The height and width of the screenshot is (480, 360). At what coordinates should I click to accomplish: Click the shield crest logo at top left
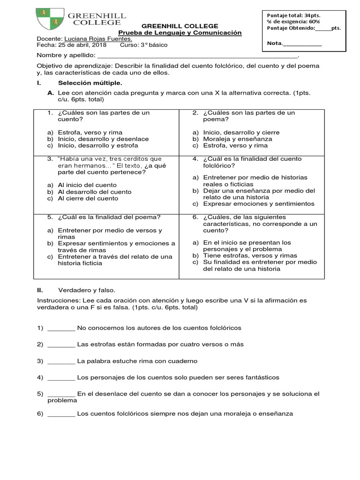[x=50, y=20]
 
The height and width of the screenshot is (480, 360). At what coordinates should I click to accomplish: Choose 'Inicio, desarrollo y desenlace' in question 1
[x=103, y=139]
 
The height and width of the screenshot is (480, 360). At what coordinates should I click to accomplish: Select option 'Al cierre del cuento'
[x=88, y=198]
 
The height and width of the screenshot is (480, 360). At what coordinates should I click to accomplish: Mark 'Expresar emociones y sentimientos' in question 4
[x=259, y=204]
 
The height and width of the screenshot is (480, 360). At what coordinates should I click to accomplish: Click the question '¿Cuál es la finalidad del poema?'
[x=110, y=217]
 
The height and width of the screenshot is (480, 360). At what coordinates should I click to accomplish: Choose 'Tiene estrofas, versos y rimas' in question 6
[x=250, y=255]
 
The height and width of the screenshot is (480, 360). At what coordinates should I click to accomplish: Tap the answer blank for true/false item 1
[x=61, y=328]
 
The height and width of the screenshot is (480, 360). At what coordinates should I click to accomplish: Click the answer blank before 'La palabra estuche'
[x=61, y=361]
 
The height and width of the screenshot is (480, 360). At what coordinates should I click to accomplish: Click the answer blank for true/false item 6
[x=61, y=414]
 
